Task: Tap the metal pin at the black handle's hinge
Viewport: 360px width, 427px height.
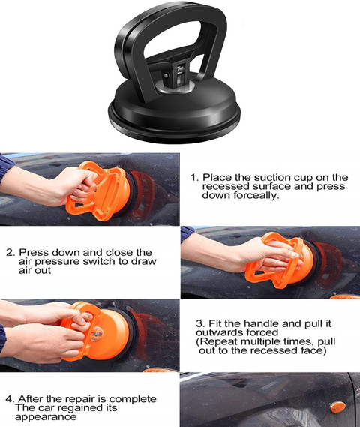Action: tap(166, 76)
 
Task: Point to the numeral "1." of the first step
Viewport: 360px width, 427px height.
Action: tap(195, 178)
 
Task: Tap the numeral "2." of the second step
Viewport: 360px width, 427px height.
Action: tap(11, 252)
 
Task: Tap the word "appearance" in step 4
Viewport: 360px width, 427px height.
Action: tap(46, 417)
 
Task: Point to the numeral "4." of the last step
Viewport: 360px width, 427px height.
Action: tap(10, 399)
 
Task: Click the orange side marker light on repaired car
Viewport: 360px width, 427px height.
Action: tap(337, 407)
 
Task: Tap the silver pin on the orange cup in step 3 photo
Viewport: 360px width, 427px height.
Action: tap(96, 335)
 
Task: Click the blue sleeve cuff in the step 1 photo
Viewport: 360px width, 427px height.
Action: tap(6, 167)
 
